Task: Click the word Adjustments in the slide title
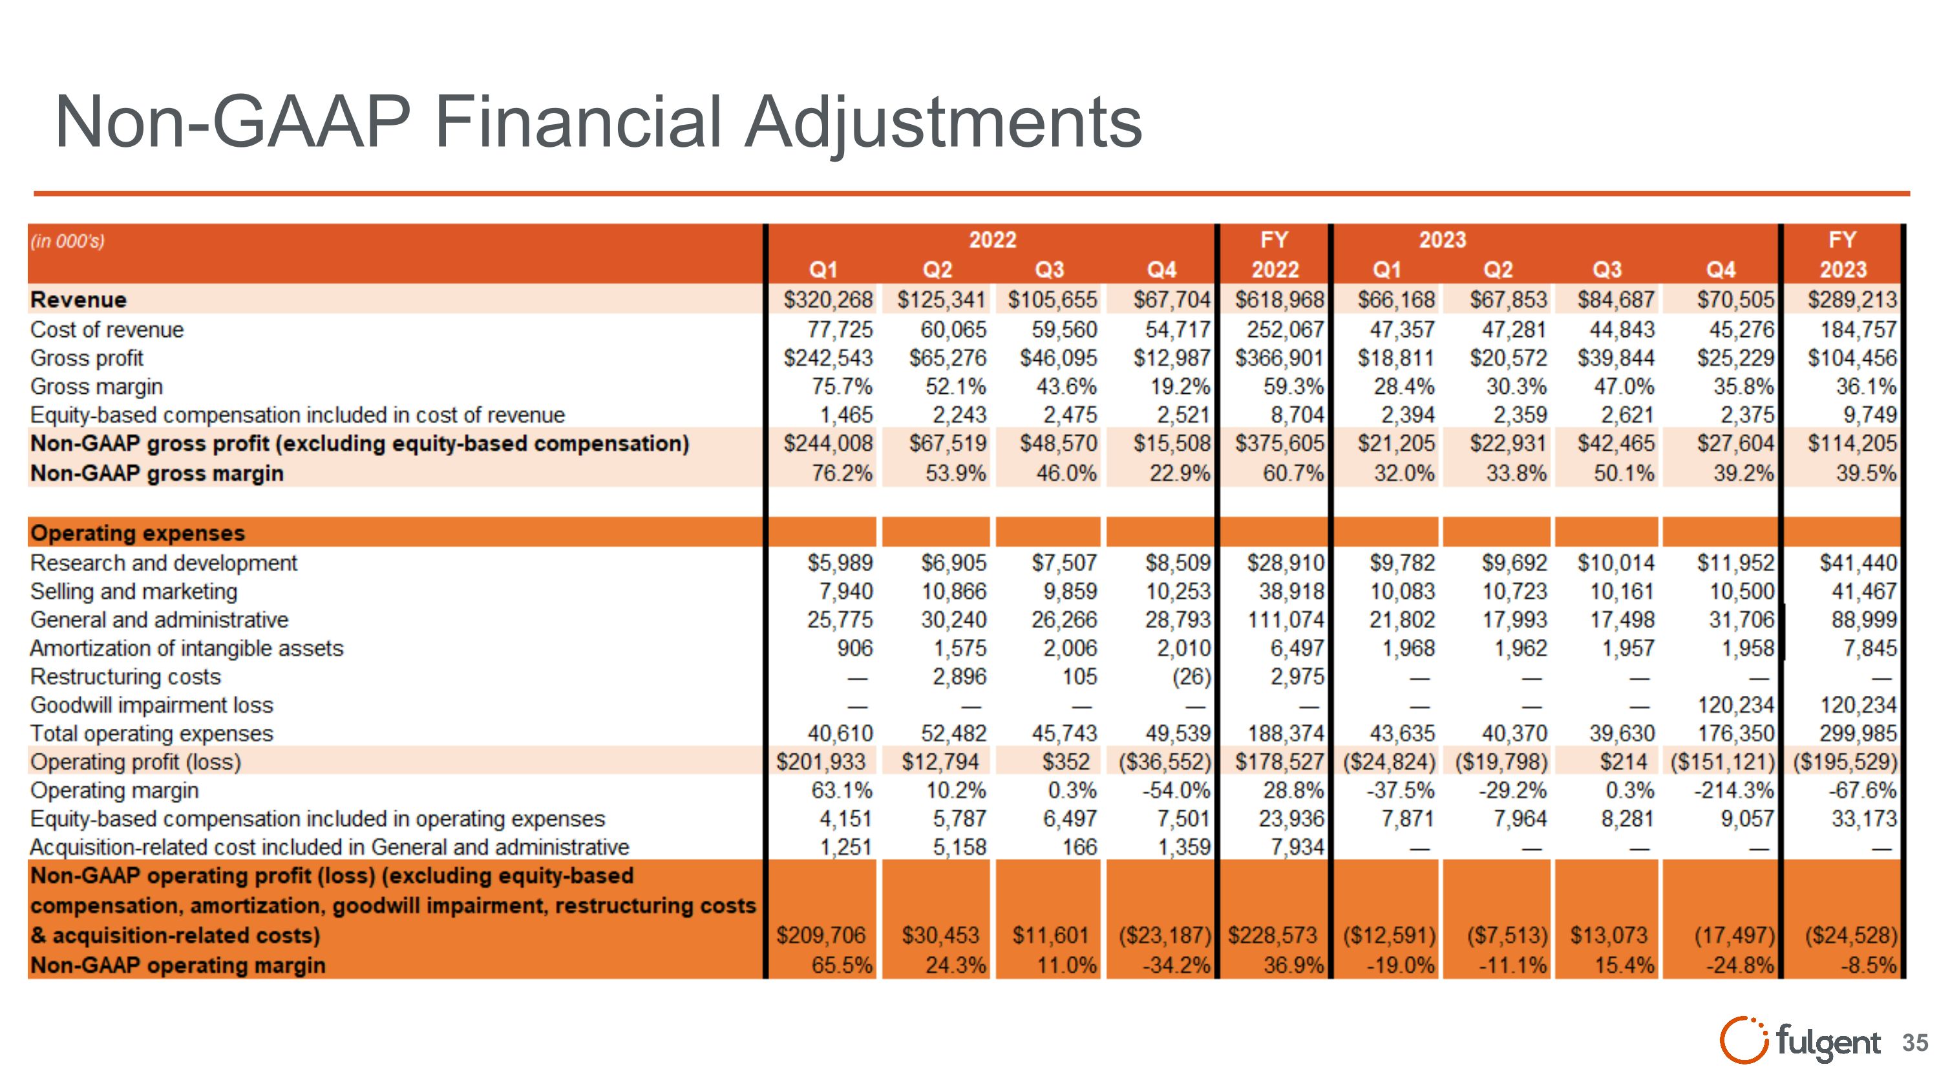tap(942, 123)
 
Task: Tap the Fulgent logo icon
tap(1743, 1041)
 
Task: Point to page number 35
tap(1915, 1042)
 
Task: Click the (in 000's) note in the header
tap(67, 241)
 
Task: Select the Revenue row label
tap(78, 299)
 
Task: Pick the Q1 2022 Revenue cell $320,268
tap(827, 299)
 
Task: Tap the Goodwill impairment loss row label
tap(151, 706)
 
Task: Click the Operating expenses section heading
tap(138, 533)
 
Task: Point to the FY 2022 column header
tap(1275, 255)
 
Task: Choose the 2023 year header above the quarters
tap(1442, 240)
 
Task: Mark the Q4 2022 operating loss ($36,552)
tap(1163, 762)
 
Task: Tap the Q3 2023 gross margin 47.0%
tap(1624, 387)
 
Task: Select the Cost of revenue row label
tap(107, 330)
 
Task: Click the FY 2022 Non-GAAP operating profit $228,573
tap(1272, 935)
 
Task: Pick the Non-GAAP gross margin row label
tap(156, 473)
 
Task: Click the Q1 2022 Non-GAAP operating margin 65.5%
tap(841, 966)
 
